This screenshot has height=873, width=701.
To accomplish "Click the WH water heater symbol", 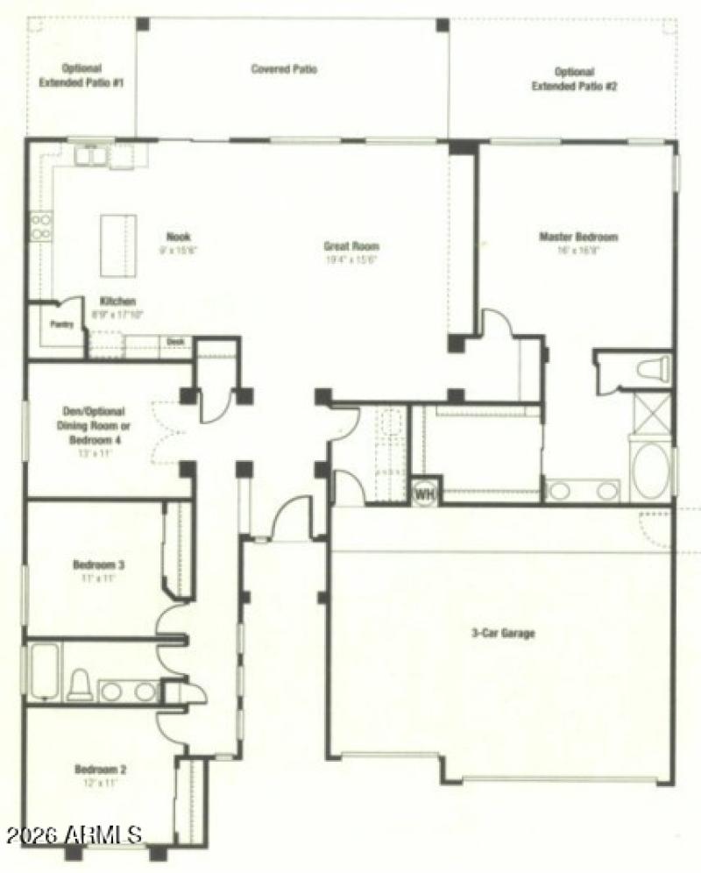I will click(425, 493).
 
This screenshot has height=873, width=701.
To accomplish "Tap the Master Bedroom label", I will click(578, 237).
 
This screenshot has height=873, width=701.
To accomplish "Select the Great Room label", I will click(350, 246).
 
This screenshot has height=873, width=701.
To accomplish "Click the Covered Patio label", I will click(284, 68).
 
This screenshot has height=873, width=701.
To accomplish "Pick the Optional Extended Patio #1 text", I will click(81, 75).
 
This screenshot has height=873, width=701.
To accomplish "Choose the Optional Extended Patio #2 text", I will click(575, 79).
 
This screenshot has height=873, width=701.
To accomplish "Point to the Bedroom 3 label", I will click(97, 565).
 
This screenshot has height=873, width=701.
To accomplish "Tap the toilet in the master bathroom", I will click(653, 367).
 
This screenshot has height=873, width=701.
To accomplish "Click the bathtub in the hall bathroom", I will click(44, 671).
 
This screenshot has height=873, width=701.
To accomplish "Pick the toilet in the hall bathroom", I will click(80, 684).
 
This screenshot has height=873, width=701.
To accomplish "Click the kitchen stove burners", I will click(41, 227).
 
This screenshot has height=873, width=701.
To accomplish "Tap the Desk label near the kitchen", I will click(175, 341).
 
